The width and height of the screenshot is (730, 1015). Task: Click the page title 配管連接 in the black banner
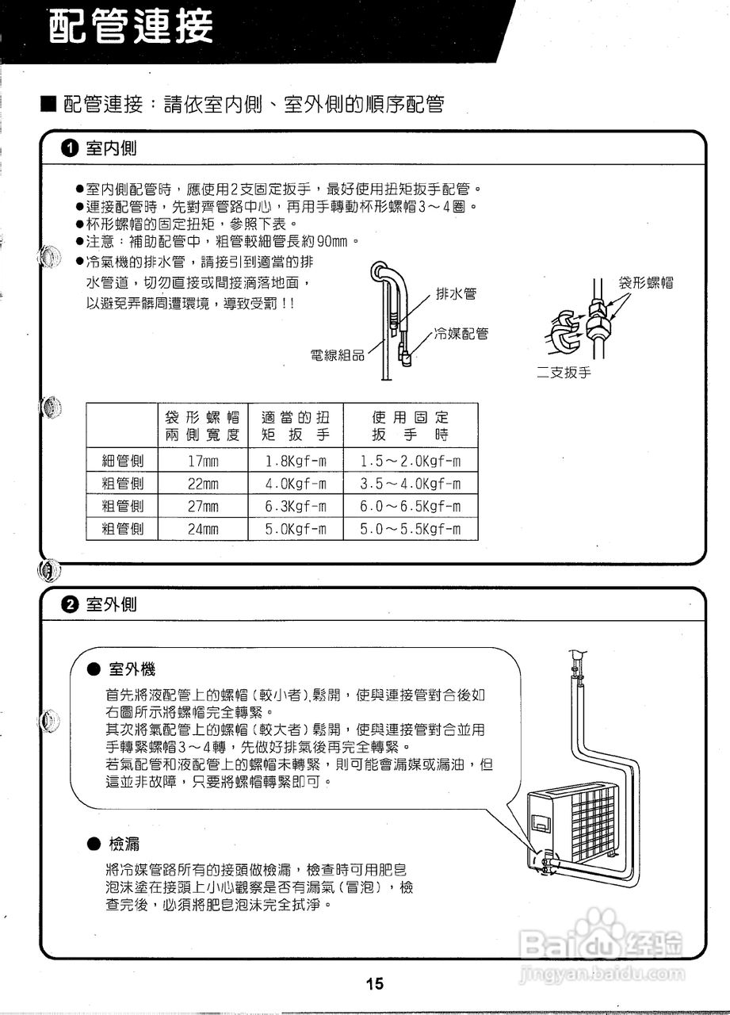(132, 29)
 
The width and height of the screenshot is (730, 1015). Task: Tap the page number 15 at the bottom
(375, 984)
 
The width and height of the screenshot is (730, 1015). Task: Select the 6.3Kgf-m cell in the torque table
(296, 507)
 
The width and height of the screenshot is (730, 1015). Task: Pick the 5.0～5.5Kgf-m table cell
(410, 529)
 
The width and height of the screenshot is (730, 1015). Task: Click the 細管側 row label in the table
(123, 462)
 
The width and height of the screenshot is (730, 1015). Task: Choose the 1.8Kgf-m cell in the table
(296, 462)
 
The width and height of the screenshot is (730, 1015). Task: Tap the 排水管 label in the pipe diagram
(457, 293)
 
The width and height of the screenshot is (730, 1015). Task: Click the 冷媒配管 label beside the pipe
(461, 334)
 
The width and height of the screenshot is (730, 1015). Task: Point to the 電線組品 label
(337, 355)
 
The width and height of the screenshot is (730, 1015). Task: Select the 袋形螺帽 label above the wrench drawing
(646, 283)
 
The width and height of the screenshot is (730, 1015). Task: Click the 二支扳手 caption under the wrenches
(564, 373)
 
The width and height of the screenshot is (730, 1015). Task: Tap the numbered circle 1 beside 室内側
(70, 148)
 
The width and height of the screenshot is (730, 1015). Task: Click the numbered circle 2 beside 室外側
(70, 605)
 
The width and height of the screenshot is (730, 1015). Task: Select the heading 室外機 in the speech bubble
(132, 670)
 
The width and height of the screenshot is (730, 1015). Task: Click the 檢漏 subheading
(126, 843)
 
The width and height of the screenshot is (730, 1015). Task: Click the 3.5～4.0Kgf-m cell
(410, 484)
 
